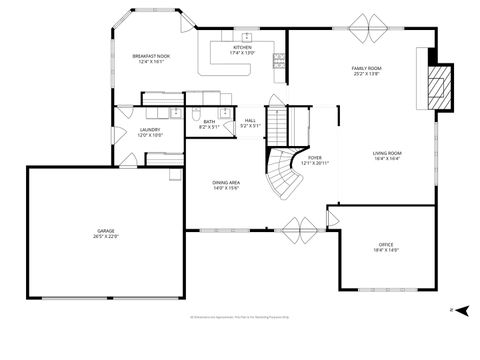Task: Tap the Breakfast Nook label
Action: point(152,59)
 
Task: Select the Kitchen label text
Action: point(243,49)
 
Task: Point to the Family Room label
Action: point(367,71)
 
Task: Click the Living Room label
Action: point(387,156)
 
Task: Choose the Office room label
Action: point(386,247)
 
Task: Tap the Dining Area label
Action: point(226,185)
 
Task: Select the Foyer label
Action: point(315,160)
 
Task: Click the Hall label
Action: point(250,123)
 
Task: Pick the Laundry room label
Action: point(150,131)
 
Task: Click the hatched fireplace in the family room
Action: point(438,89)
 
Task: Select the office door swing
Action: point(337,216)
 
